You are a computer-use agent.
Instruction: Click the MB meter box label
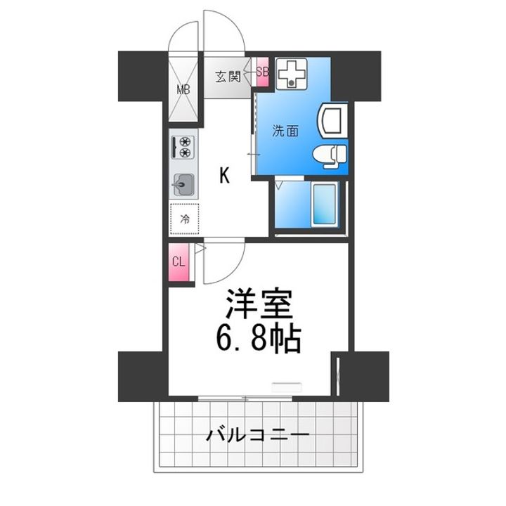point(183,89)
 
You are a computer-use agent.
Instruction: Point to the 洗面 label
point(284,129)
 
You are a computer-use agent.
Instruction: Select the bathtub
point(325,205)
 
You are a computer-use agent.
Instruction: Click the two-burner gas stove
point(182,146)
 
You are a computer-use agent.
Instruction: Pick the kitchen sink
point(183,185)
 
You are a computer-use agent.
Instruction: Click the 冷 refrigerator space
point(185,219)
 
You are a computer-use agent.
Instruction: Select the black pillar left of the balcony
point(141,376)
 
